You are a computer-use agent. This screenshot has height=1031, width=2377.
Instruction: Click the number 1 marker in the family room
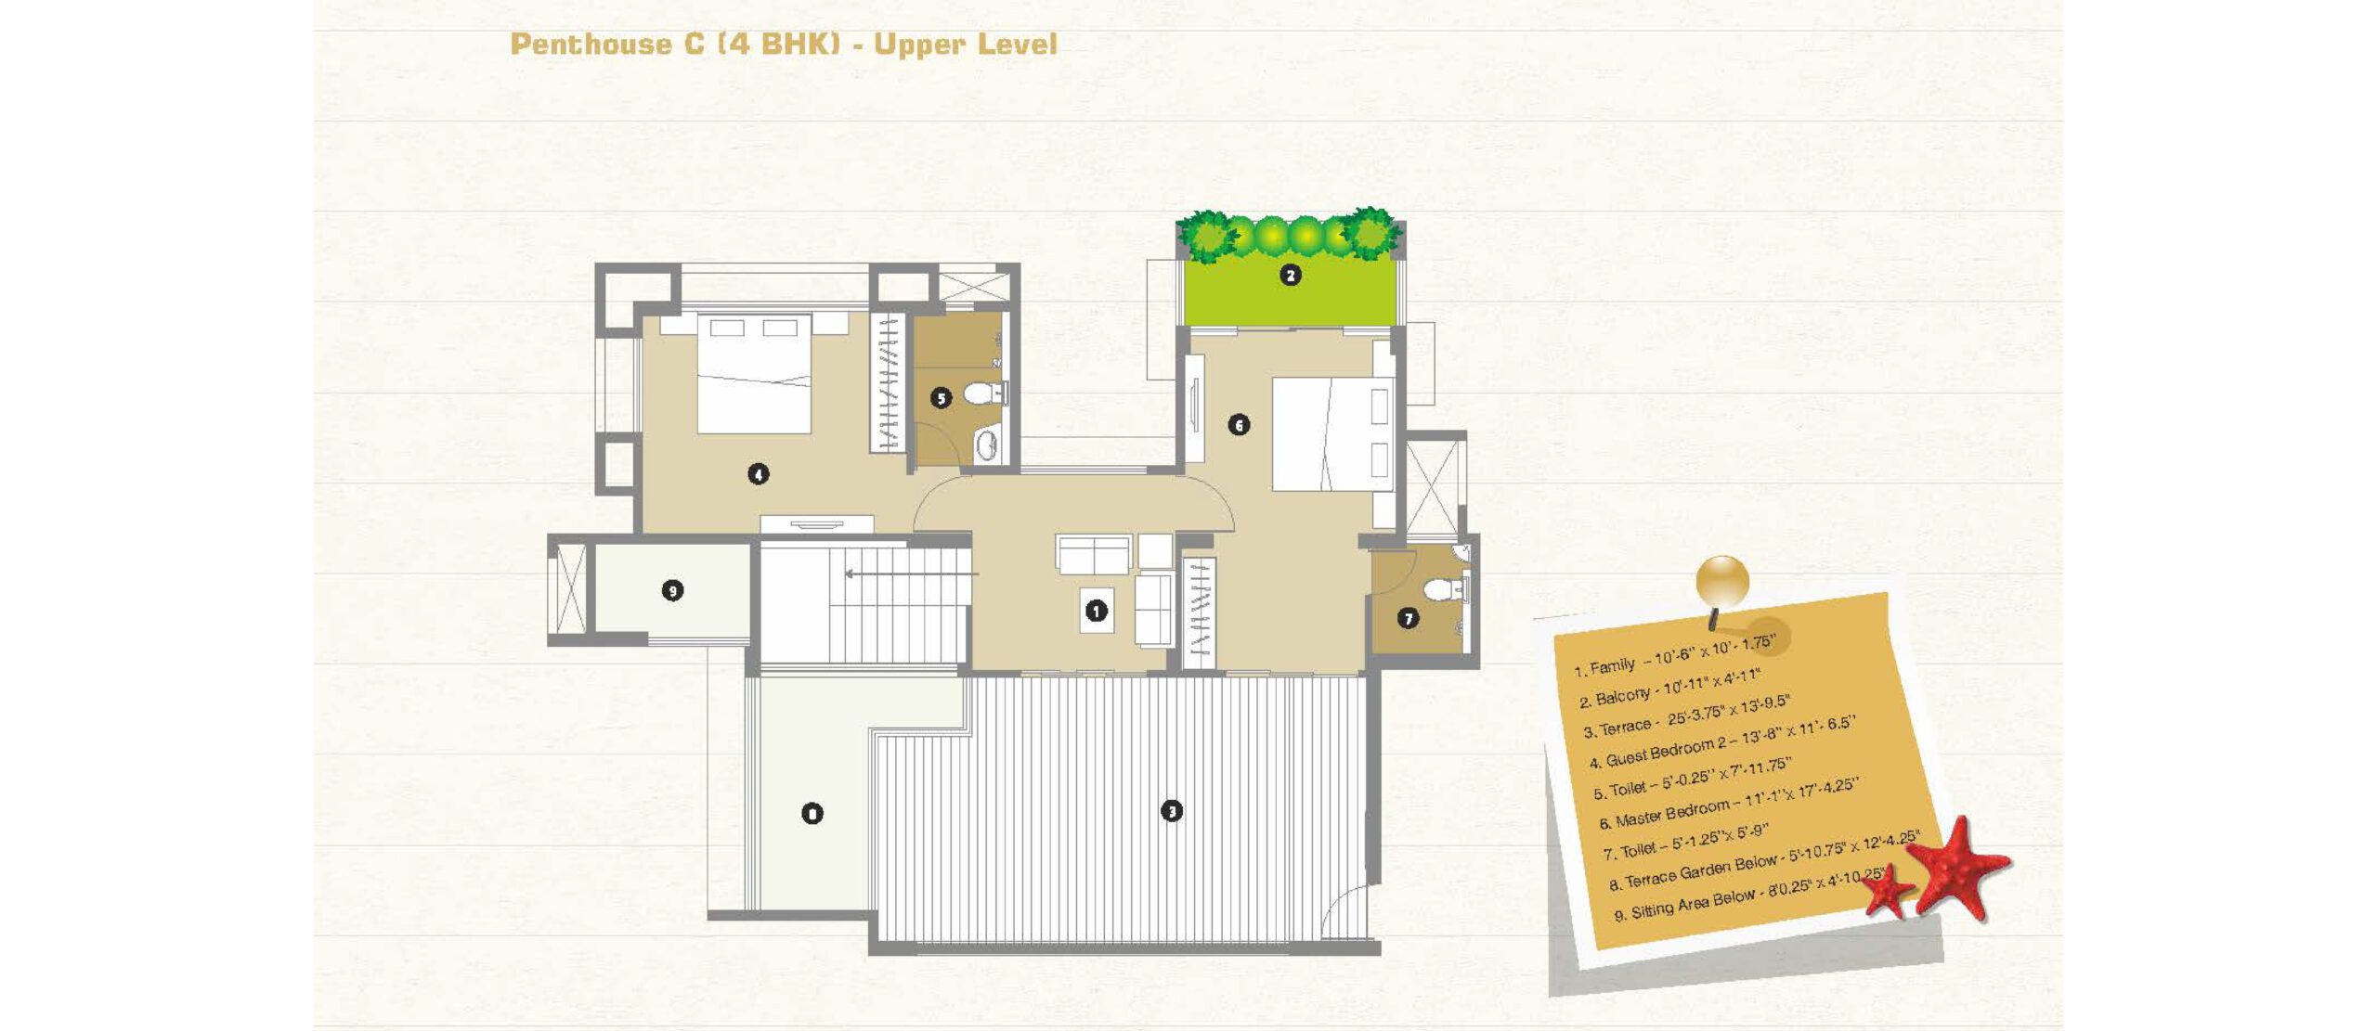click(1097, 611)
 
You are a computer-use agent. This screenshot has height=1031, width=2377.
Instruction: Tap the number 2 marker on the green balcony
click(1290, 275)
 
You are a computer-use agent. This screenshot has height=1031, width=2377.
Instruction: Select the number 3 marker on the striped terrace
click(1172, 811)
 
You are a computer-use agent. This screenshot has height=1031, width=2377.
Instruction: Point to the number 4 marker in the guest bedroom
click(758, 474)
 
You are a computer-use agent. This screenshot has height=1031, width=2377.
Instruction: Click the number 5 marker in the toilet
click(941, 398)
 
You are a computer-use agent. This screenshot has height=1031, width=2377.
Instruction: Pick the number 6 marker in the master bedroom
click(1239, 425)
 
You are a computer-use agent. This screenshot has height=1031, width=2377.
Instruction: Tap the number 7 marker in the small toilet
click(1408, 618)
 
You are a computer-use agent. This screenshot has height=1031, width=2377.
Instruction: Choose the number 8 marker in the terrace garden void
click(812, 814)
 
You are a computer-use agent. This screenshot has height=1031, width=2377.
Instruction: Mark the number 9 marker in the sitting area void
click(672, 590)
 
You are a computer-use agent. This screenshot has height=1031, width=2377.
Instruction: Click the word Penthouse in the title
click(591, 44)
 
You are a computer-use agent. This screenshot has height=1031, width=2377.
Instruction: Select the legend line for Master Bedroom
click(1727, 804)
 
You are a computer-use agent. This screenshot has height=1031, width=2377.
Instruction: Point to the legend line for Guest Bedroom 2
click(1721, 742)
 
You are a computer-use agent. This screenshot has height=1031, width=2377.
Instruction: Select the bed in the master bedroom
click(1332, 433)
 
